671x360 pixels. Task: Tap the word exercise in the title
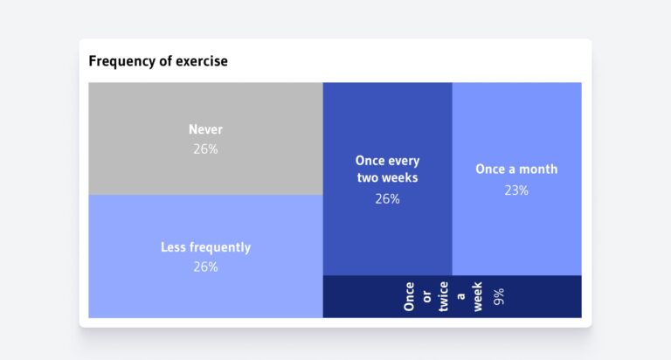[x=199, y=62]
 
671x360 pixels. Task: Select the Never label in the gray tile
[x=205, y=129]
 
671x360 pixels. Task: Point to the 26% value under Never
[x=205, y=149]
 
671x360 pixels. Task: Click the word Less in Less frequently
[x=174, y=247]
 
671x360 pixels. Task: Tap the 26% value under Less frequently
[x=205, y=267]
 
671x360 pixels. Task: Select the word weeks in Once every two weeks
[x=401, y=177]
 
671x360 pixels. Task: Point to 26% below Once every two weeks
[x=387, y=199]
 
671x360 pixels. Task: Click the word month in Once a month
[x=538, y=170]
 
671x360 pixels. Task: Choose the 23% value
[x=516, y=190]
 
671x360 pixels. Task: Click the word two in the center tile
[x=369, y=177]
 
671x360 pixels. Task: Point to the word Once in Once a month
[x=491, y=170]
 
